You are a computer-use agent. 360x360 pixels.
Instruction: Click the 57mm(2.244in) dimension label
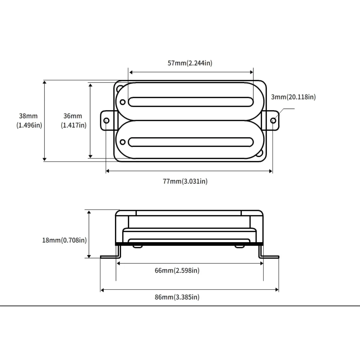(x=190, y=63)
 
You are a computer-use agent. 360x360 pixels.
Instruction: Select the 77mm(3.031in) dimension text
(x=185, y=181)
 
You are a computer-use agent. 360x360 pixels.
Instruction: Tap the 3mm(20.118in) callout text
(x=293, y=97)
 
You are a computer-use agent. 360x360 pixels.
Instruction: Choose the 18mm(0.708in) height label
(x=64, y=240)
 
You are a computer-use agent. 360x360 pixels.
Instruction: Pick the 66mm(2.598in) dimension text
(x=177, y=270)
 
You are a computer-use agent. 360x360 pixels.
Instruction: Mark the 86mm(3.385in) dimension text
(x=177, y=297)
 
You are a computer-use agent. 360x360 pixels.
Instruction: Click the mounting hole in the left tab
(x=106, y=121)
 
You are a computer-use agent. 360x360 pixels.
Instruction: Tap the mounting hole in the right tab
(x=273, y=121)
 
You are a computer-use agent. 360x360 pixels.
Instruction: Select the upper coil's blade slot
(x=191, y=102)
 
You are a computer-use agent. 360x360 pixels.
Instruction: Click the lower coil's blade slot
(x=191, y=142)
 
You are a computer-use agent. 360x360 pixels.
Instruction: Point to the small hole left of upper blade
(x=122, y=102)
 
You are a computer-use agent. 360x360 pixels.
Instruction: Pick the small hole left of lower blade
(x=122, y=142)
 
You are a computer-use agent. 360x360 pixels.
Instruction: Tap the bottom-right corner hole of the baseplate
(x=260, y=153)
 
